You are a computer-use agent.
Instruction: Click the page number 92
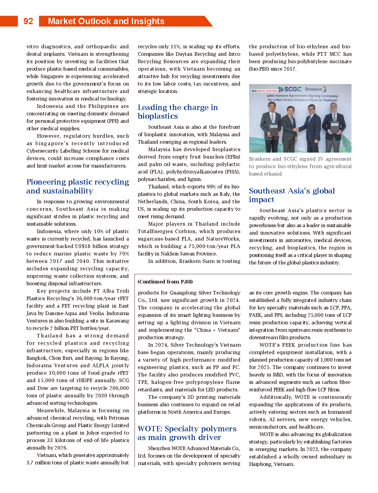pos(28,21)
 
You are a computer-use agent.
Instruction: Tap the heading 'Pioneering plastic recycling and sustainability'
pos(77,186)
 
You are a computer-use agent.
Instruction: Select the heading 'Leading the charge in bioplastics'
pos(178,112)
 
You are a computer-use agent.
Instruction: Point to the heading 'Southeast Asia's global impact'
pos(292,195)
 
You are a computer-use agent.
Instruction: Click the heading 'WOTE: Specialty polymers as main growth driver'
pos(187,433)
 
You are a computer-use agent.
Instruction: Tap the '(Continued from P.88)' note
pos(165,282)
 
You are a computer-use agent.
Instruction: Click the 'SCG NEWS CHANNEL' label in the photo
pos(264,91)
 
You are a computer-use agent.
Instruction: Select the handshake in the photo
pos(297,129)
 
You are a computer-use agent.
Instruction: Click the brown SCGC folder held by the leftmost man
pos(274,130)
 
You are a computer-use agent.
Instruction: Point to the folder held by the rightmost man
pos(335,128)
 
